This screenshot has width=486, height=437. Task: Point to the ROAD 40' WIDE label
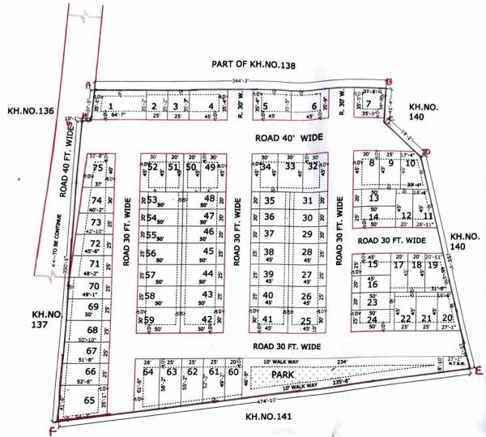click(x=288, y=139)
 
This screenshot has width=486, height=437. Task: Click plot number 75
click(x=97, y=168)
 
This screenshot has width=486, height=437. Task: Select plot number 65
click(x=89, y=401)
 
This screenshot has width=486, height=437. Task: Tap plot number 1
click(x=111, y=105)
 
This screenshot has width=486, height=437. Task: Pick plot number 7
click(x=368, y=103)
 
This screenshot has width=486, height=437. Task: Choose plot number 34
click(x=265, y=167)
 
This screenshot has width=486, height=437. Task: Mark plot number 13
click(x=373, y=198)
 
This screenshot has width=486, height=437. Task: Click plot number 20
click(x=448, y=318)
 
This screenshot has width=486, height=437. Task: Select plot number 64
click(x=148, y=373)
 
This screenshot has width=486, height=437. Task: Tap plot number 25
click(x=306, y=321)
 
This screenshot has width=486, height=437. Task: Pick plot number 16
click(x=373, y=285)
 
